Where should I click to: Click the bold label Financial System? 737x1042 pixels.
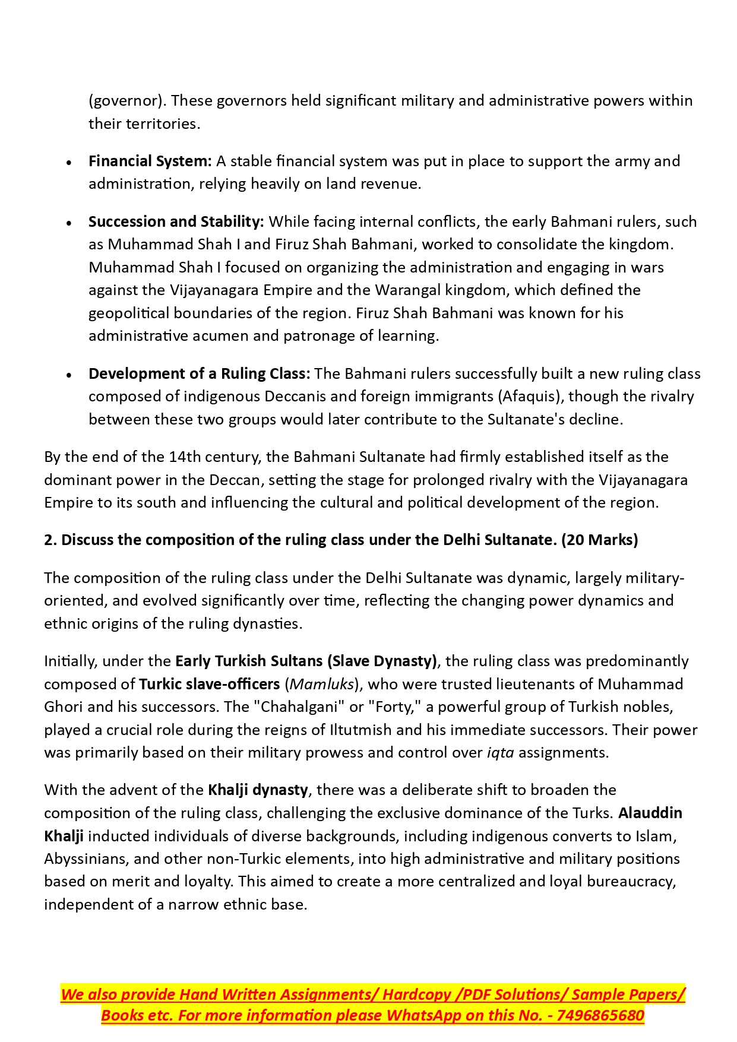click(150, 161)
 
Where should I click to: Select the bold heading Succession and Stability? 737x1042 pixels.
click(176, 222)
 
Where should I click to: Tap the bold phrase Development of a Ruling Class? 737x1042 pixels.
click(199, 374)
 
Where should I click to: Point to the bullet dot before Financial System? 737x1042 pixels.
click(69, 162)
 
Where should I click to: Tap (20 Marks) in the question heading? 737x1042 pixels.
click(599, 540)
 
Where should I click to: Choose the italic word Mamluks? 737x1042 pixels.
click(322, 685)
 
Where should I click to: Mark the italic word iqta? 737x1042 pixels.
click(500, 753)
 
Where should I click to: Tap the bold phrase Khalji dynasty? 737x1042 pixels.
click(258, 790)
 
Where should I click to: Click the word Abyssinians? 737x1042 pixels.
click(85, 859)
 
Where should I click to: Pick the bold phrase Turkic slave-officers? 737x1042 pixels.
click(209, 685)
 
